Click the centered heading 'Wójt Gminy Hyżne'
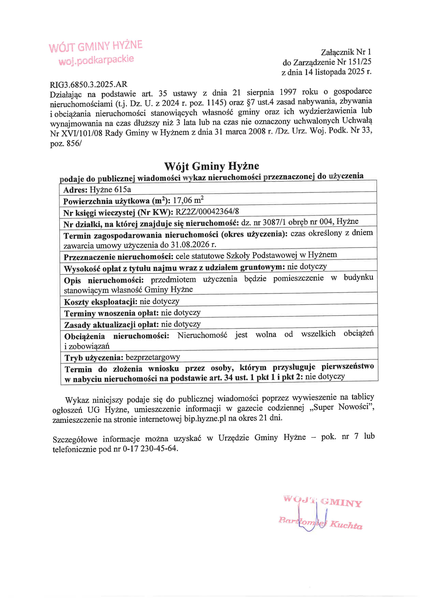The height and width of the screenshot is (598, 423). tap(211, 166)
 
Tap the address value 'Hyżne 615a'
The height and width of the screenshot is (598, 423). tap(110, 189)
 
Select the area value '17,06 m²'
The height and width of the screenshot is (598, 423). tap(188, 200)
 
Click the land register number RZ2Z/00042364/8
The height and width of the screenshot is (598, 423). tap(207, 211)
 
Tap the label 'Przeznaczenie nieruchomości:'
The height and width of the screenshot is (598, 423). tap(119, 257)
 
